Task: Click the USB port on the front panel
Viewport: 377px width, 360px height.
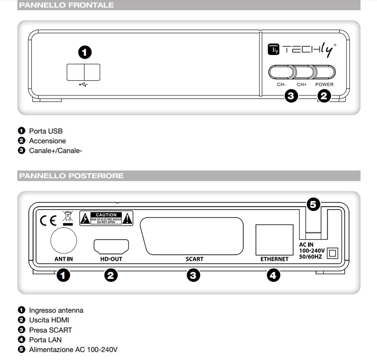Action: click(83, 72)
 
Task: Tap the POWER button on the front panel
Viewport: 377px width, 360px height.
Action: click(325, 72)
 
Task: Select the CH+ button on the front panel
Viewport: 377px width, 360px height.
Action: click(303, 72)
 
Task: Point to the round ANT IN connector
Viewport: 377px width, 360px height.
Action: click(63, 240)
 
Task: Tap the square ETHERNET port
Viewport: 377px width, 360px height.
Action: click(274, 239)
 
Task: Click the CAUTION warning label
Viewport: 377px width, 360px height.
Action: click(106, 218)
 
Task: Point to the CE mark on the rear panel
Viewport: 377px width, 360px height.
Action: click(48, 220)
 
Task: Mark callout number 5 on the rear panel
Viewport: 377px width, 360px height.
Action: click(313, 205)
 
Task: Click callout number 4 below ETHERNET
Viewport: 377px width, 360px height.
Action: click(273, 276)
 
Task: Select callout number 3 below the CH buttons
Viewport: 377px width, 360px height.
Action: click(290, 96)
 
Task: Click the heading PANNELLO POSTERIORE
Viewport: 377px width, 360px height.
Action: click(71, 176)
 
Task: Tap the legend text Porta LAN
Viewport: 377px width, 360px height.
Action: click(46, 340)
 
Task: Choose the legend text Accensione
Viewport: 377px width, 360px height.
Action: click(48, 141)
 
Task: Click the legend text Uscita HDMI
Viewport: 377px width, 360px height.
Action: click(49, 320)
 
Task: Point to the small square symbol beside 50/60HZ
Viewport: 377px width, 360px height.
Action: click(332, 253)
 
